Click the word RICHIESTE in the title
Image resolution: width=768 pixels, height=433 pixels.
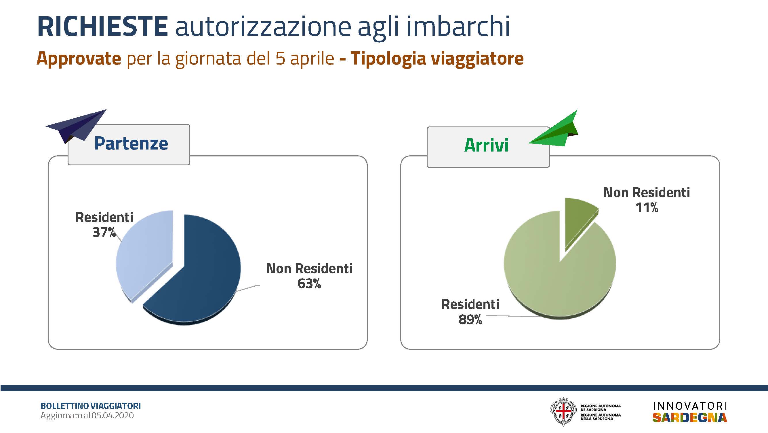point(102,26)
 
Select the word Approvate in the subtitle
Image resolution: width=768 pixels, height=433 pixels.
point(79,59)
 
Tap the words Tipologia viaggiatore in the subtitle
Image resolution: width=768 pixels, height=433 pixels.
point(437,59)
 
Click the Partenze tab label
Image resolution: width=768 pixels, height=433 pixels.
point(131,143)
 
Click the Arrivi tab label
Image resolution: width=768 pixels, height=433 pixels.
point(486,145)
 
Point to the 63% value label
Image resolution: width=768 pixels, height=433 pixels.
point(309,283)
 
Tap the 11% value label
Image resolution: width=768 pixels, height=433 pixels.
point(647,208)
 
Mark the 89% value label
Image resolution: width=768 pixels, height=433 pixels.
point(470,319)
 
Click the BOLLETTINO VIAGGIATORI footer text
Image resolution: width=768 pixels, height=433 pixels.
point(91,406)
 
